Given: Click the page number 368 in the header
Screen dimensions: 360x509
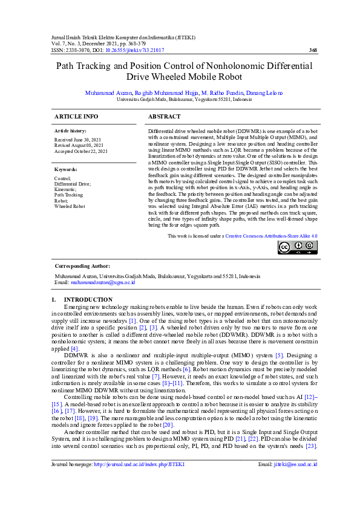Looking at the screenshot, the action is pos(313,50).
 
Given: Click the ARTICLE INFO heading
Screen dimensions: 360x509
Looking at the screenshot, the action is pos(76,116).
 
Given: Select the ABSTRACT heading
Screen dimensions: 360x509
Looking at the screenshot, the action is pos(164,116).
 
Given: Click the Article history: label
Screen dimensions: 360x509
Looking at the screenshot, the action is pos(70,131).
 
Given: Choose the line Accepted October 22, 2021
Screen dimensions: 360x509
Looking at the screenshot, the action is pos(81,151).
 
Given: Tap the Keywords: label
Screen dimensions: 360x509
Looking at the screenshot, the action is pos(66,170).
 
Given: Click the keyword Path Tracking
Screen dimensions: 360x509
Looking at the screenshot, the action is pos(69,195).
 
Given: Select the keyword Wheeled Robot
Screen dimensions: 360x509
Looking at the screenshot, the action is pos(70,206).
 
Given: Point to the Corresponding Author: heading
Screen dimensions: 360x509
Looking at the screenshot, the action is pos(82,265).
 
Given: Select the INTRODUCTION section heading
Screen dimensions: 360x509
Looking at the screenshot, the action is pos(88,299).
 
